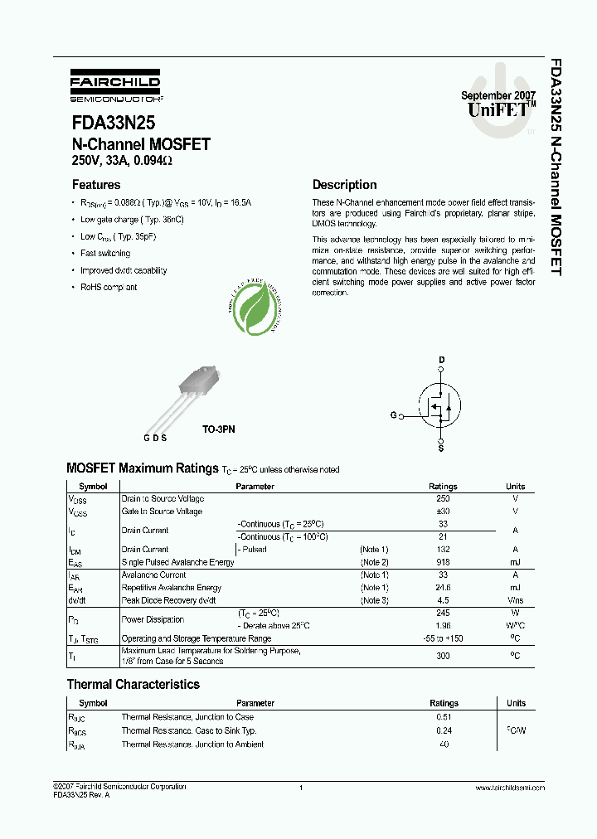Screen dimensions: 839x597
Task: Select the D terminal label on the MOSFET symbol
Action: [441, 360]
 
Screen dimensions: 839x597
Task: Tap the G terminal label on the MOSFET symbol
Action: [393, 415]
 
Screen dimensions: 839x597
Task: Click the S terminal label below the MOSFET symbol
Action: [441, 449]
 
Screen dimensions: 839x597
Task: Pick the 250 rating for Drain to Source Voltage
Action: [443, 499]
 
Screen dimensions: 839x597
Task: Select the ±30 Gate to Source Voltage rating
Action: [443, 512]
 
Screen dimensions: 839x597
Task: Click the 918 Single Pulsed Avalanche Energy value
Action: [443, 562]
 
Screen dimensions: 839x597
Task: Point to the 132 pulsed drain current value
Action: [443, 550]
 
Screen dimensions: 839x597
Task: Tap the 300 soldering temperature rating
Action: [443, 656]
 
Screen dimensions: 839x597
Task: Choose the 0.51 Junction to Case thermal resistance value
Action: [443, 717]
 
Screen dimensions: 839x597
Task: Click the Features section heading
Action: [96, 185]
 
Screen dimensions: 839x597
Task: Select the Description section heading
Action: [344, 185]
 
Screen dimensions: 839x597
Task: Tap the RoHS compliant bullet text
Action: [109, 288]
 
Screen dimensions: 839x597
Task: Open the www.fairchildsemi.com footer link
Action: [510, 788]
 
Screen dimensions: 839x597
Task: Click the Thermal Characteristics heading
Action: [133, 685]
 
